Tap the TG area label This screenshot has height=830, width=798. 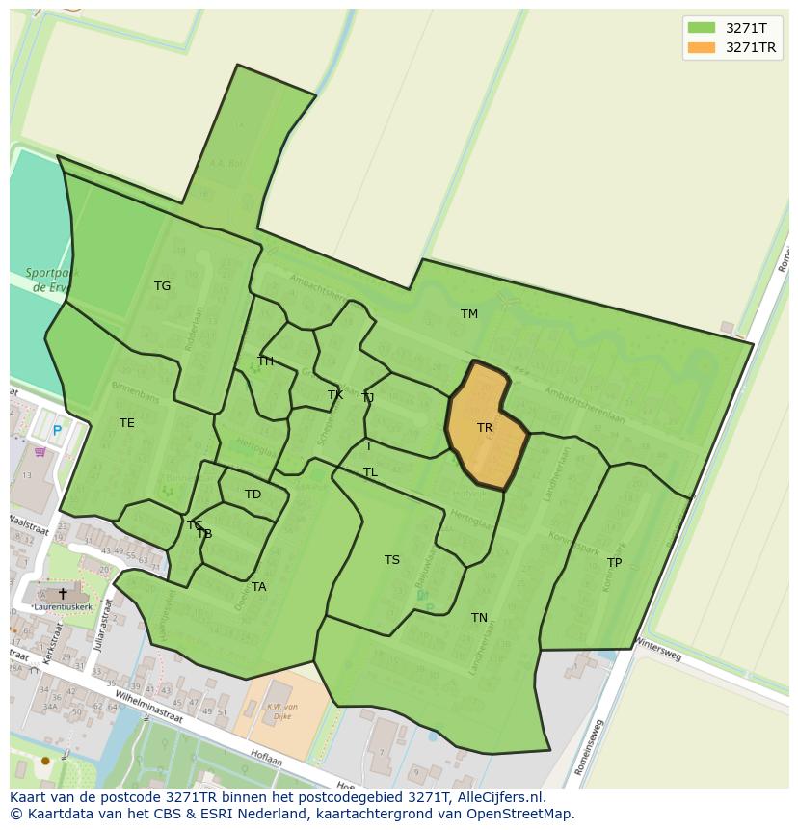[x=162, y=286]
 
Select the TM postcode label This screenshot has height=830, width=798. [x=469, y=314]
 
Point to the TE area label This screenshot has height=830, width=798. [x=127, y=423]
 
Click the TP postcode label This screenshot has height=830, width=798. [x=614, y=563]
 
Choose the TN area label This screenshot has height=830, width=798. [x=479, y=618]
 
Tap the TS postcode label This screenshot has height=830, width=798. [x=392, y=560]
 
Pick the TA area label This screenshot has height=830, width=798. [x=258, y=587]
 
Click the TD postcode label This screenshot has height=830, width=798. [x=253, y=495]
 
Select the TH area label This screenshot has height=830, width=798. [x=265, y=361]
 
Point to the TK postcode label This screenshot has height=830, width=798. [x=335, y=395]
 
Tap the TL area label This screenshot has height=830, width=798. [x=370, y=472]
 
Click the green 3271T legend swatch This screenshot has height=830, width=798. [x=702, y=27]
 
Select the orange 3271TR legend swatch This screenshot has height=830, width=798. [x=702, y=47]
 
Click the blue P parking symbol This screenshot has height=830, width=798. [x=57, y=431]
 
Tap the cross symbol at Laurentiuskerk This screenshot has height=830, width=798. [x=63, y=594]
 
